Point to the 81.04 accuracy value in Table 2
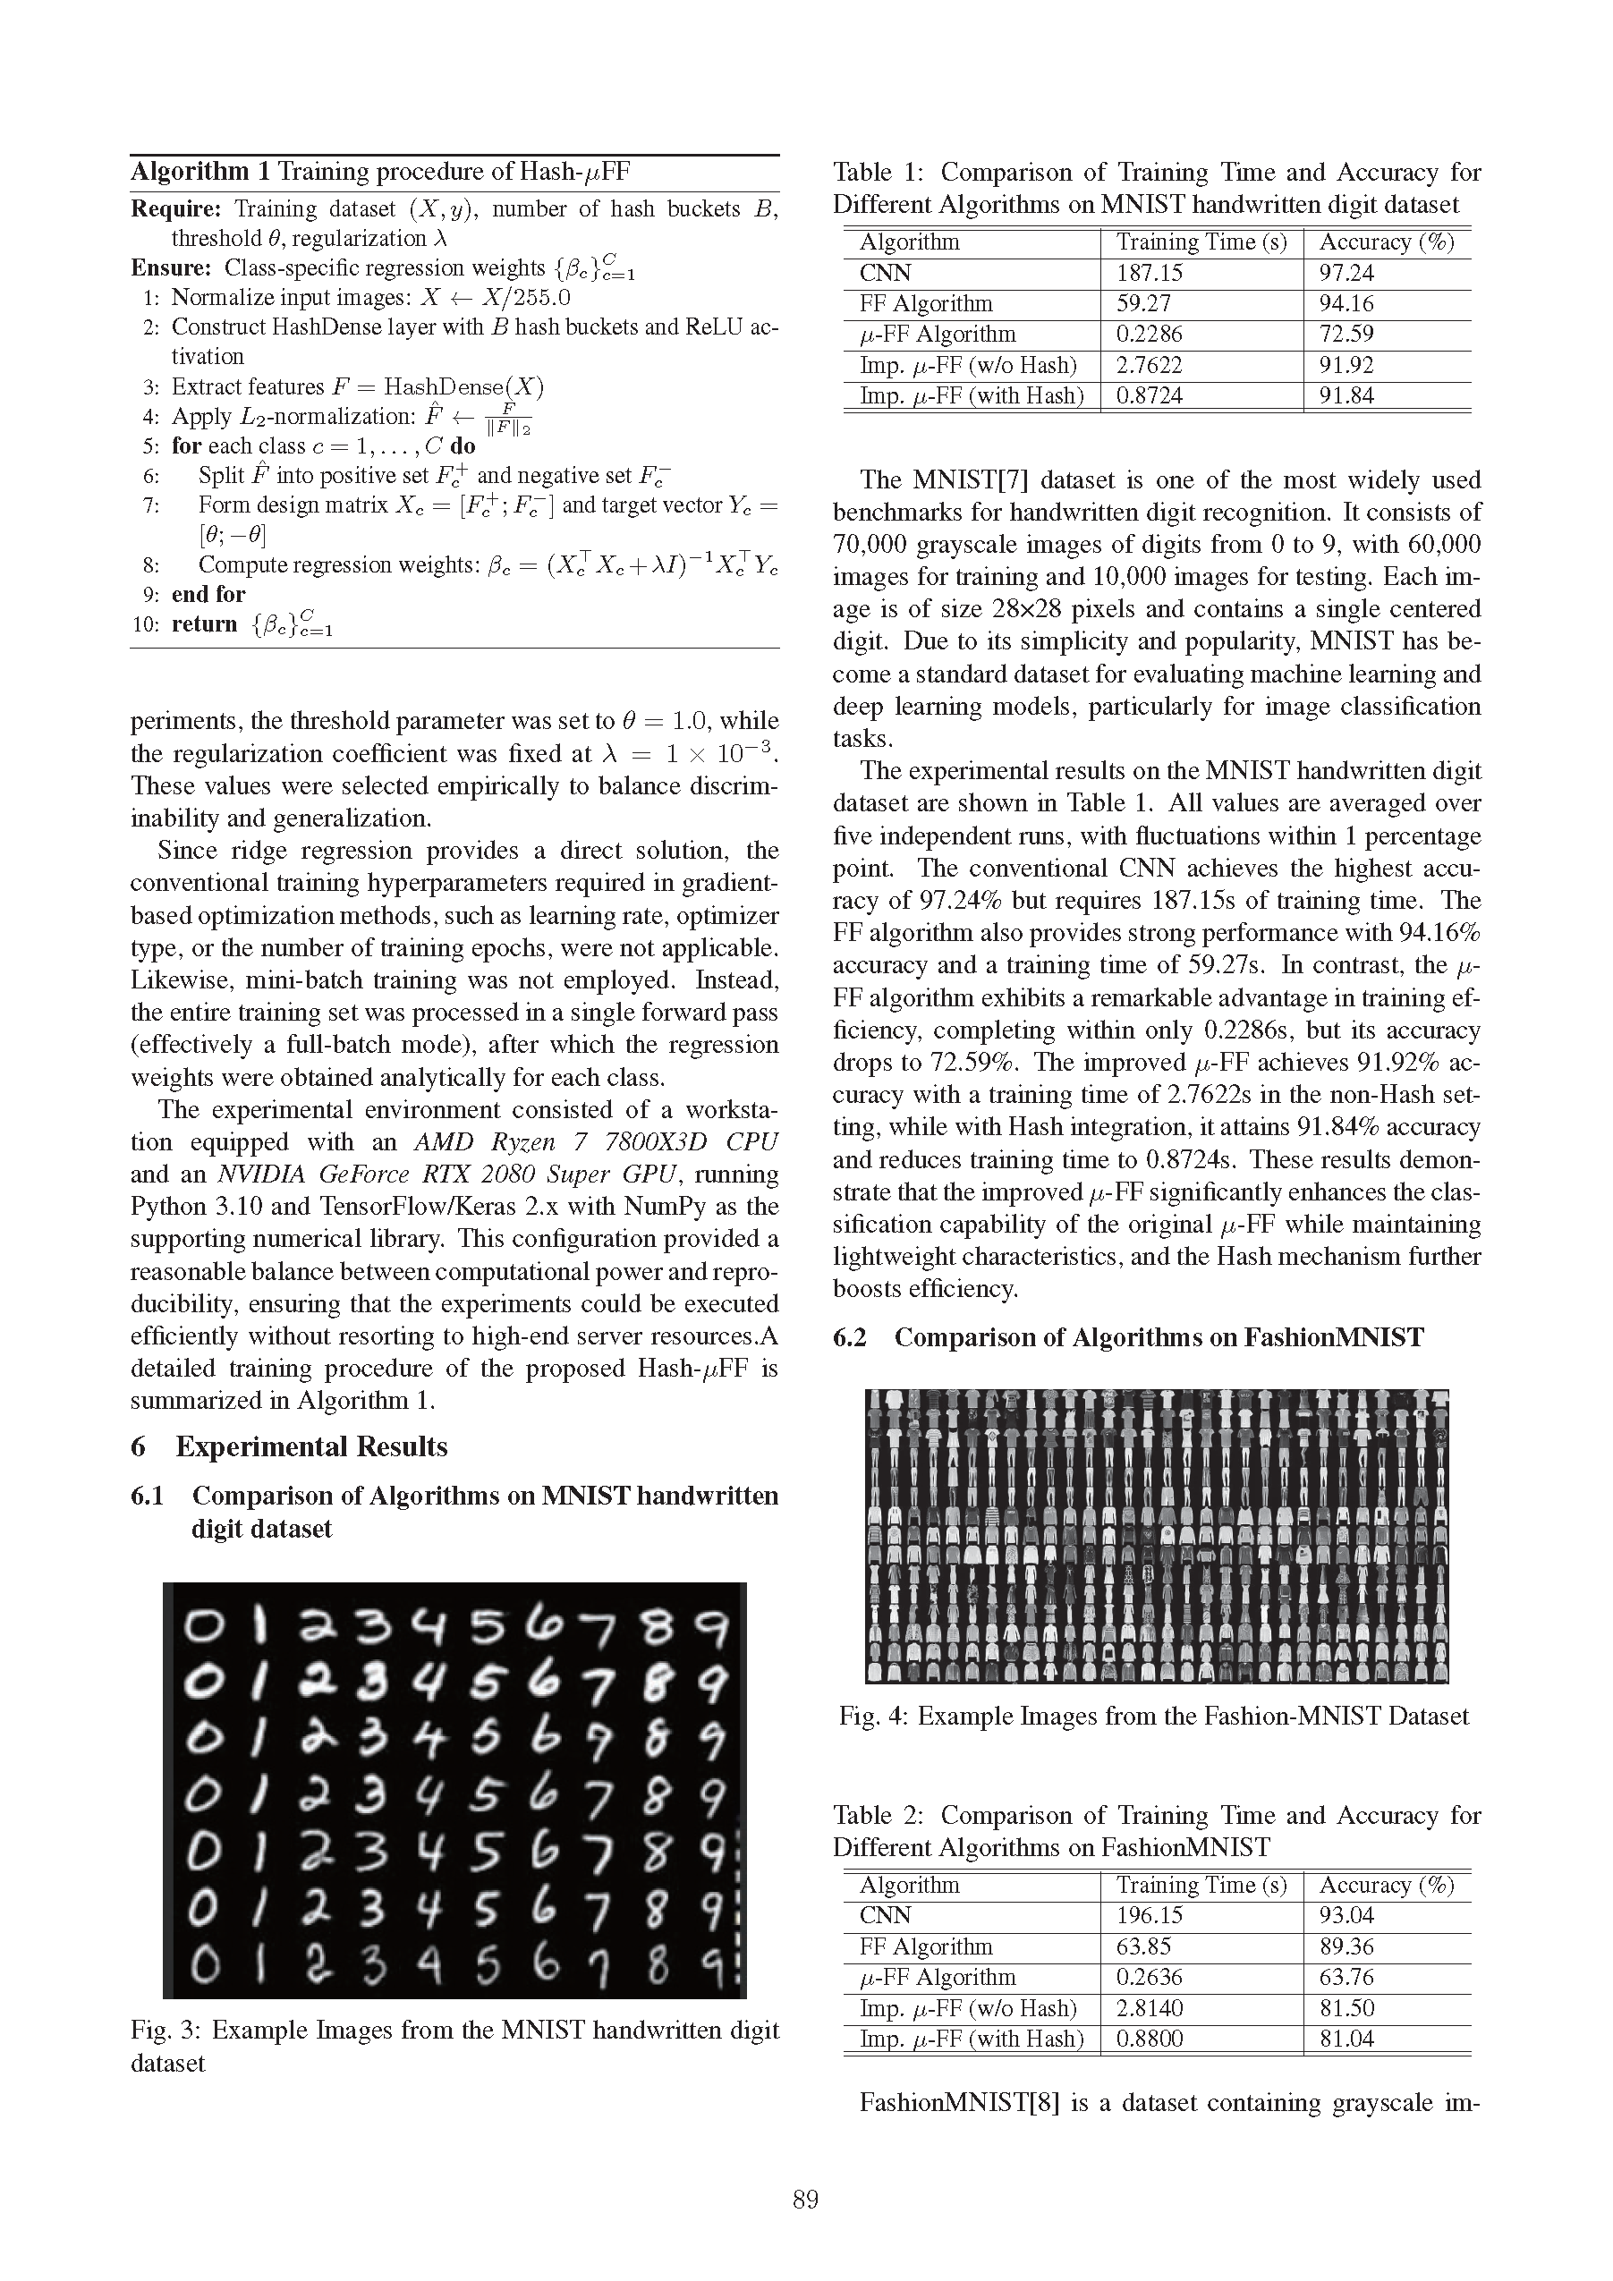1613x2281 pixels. pos(1346,2039)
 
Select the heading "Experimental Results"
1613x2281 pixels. pos(311,1446)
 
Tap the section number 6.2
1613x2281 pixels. pos(850,1337)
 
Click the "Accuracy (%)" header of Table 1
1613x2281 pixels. pos(1387,242)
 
